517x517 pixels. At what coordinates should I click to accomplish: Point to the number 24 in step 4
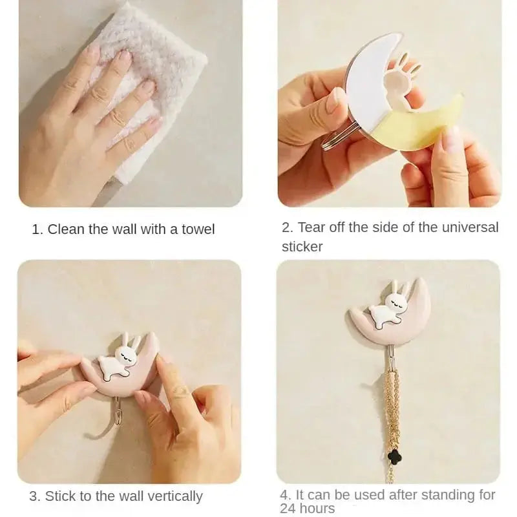click(x=289, y=509)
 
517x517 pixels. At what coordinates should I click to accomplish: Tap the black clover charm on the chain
click(x=390, y=456)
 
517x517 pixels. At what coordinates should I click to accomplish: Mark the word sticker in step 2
click(x=302, y=246)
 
